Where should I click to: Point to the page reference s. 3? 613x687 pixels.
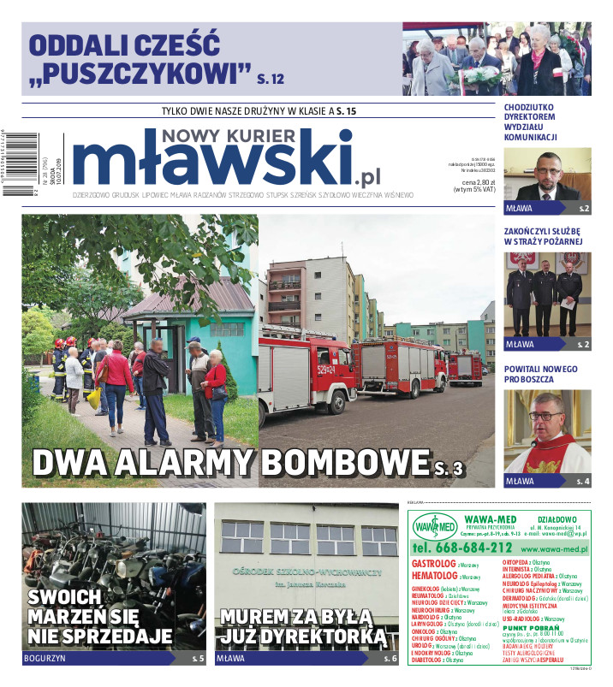449,467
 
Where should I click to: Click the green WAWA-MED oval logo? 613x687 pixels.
435,524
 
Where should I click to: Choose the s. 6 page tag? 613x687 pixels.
390,659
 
